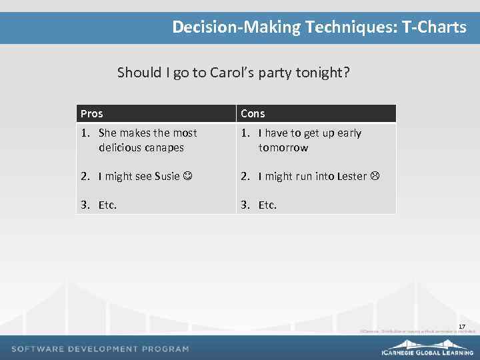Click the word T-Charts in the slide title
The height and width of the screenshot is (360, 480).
tap(434, 27)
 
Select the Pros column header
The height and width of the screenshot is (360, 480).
tap(92, 114)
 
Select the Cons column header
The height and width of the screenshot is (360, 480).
tap(253, 114)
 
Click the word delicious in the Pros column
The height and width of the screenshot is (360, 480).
tap(119, 148)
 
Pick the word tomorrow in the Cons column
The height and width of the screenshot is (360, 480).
tap(283, 148)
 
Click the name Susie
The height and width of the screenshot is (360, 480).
tap(167, 177)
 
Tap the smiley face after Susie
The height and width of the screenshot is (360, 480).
tap(188, 177)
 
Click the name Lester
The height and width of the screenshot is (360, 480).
tap(351, 177)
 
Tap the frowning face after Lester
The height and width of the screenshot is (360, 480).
tap(375, 177)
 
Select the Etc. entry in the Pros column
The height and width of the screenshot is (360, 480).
tap(107, 205)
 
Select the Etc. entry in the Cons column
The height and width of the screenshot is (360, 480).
tap(267, 205)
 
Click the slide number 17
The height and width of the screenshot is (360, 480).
tap(461, 326)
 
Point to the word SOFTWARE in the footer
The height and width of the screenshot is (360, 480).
tap(38, 349)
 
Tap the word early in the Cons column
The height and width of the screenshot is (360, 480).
tap(349, 133)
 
